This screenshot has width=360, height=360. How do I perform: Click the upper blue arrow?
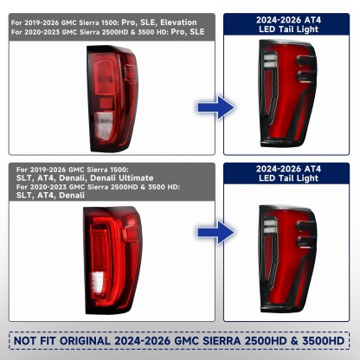tap(215, 107)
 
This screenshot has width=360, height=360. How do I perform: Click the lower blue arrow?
tap(215, 232)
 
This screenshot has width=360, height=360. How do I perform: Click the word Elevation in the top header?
tap(178, 22)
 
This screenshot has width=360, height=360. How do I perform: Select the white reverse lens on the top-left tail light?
tap(103, 126)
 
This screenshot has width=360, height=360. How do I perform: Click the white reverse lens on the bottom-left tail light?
tap(98, 281)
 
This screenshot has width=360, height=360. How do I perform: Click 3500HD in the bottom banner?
tap(324, 341)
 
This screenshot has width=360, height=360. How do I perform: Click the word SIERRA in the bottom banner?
tap(222, 341)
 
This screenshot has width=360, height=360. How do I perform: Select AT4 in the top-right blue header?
tap(312, 20)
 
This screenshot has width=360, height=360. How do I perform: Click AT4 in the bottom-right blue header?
tap(312, 169)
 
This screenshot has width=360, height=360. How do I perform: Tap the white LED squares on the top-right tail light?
tap(270, 61)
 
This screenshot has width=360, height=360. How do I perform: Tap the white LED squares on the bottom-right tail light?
tap(270, 226)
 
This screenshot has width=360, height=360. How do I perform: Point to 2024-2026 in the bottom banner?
tap(143, 341)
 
